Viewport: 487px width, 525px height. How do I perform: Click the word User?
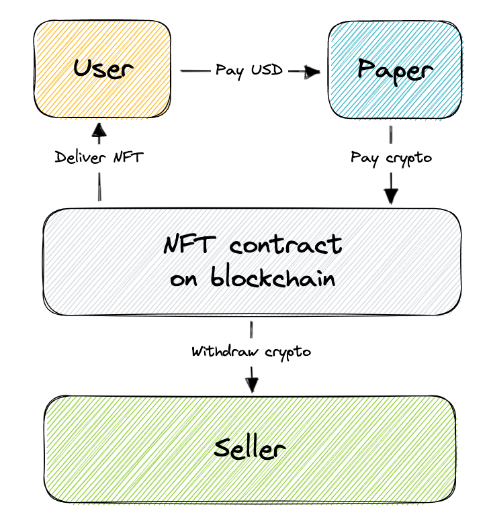point(103,68)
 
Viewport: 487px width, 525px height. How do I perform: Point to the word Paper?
point(394,68)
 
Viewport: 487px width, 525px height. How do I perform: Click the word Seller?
point(250,448)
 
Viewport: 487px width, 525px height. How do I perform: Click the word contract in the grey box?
point(285,244)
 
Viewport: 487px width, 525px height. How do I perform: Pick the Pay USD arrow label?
point(249,70)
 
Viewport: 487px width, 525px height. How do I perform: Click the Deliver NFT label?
point(99,157)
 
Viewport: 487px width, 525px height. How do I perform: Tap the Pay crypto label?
point(391,158)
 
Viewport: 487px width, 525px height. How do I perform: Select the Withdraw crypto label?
point(251,351)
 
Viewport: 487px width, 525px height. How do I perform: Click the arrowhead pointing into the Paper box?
point(312,71)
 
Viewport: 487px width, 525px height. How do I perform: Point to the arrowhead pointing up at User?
point(99,128)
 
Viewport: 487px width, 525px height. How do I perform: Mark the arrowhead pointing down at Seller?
point(252,385)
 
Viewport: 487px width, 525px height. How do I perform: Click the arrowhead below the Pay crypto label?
point(391,196)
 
